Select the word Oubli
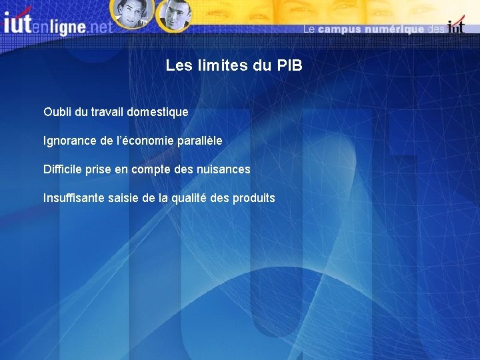[x=57, y=112]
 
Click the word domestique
[x=159, y=112]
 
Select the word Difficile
[x=63, y=169]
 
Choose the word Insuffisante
[x=73, y=198]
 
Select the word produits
[x=254, y=198]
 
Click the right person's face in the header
[x=175, y=14]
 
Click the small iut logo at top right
[x=456, y=27]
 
